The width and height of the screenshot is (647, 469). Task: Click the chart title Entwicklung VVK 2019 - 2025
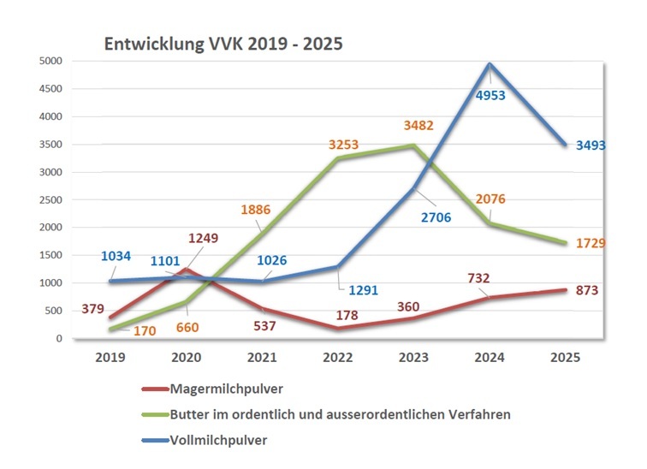coord(223,44)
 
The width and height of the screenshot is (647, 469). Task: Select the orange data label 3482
coord(418,125)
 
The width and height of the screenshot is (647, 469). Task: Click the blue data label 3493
coord(590,145)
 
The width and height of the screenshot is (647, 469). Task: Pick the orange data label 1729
coord(590,244)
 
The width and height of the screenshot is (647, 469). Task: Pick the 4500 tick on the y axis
coord(51,89)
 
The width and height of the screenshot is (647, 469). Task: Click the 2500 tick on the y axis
coord(51,200)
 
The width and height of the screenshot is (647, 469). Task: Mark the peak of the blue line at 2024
coord(489,63)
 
